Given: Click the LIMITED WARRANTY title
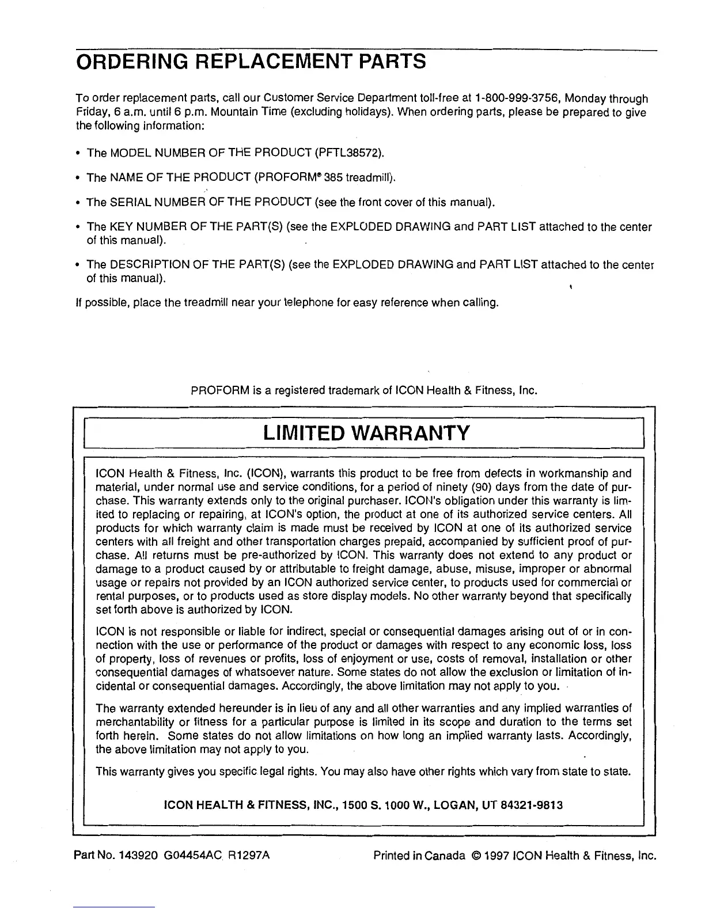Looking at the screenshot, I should pos(366,432).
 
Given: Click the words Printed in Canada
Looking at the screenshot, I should pos(419,855).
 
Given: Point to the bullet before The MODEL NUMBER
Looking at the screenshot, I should pos(78,154).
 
